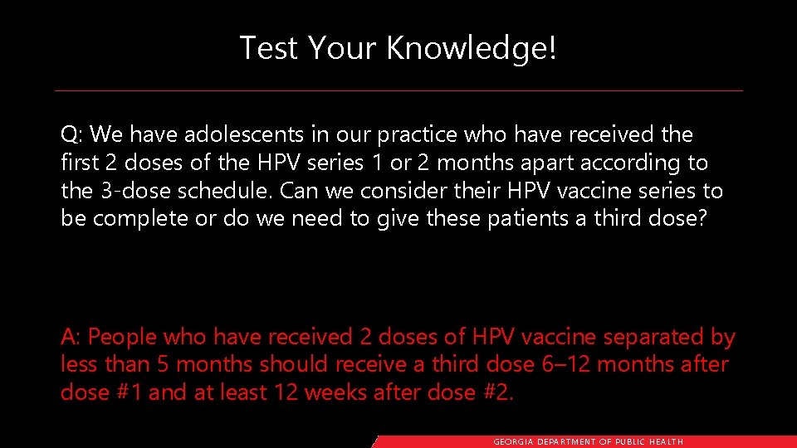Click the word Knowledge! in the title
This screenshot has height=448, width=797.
tap(472, 48)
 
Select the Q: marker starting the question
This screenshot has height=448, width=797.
tap(72, 134)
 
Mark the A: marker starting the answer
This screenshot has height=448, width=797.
tap(71, 338)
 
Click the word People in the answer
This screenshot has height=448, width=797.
tap(123, 338)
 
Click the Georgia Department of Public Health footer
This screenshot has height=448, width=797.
tap(588, 442)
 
